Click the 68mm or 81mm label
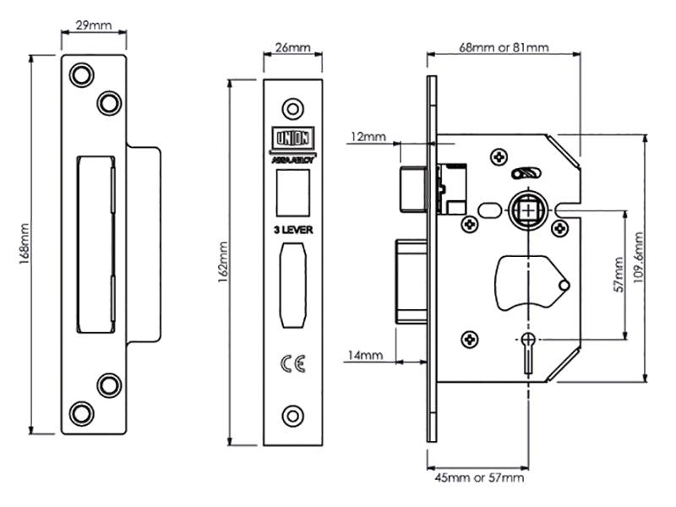click(504, 48)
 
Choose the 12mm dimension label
click(368, 136)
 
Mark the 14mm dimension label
click(365, 357)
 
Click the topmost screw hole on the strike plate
click(81, 74)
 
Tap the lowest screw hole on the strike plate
click(81, 414)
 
